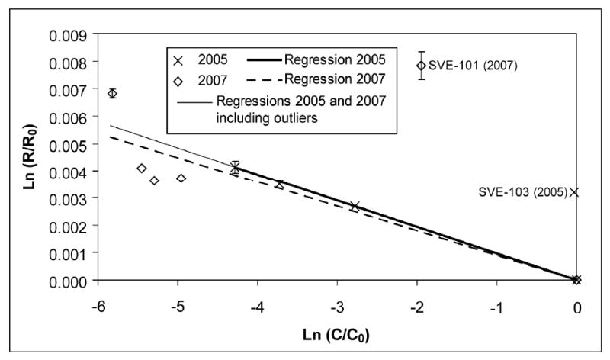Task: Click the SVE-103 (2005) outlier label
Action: tap(520, 192)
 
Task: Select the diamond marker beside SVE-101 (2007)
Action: tap(421, 66)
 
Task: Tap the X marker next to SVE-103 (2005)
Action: tap(574, 192)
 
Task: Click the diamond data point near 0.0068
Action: tap(112, 93)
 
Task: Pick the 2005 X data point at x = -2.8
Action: tap(355, 206)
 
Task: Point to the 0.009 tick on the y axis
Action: tap(66, 34)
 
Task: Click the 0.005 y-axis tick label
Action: tap(66, 143)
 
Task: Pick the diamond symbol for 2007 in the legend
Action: tap(180, 79)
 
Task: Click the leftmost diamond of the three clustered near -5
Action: tap(141, 169)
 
